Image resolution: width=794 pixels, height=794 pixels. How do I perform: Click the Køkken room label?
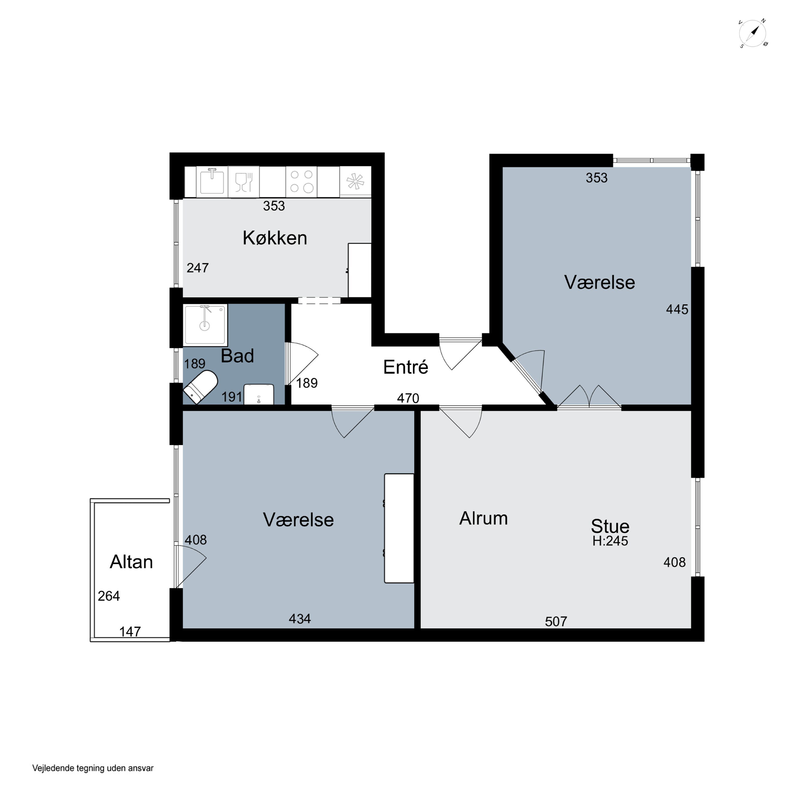coord(274,238)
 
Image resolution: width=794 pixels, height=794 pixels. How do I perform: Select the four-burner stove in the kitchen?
coord(302,181)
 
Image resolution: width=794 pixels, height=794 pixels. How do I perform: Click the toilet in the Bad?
coord(201,386)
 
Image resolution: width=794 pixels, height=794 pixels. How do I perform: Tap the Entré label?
coord(406,367)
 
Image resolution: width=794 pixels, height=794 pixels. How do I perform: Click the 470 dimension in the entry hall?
coord(408,398)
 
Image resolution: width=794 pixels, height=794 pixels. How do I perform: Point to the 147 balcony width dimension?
coord(130,631)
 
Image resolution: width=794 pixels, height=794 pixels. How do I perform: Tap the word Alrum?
coord(483,518)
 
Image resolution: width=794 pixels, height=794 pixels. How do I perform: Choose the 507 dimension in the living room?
coord(556,621)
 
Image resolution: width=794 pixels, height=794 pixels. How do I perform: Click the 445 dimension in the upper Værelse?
coord(677,309)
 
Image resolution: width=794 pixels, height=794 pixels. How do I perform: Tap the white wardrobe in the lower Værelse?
coord(399,528)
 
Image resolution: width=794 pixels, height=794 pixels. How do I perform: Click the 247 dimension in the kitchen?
coord(198,268)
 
